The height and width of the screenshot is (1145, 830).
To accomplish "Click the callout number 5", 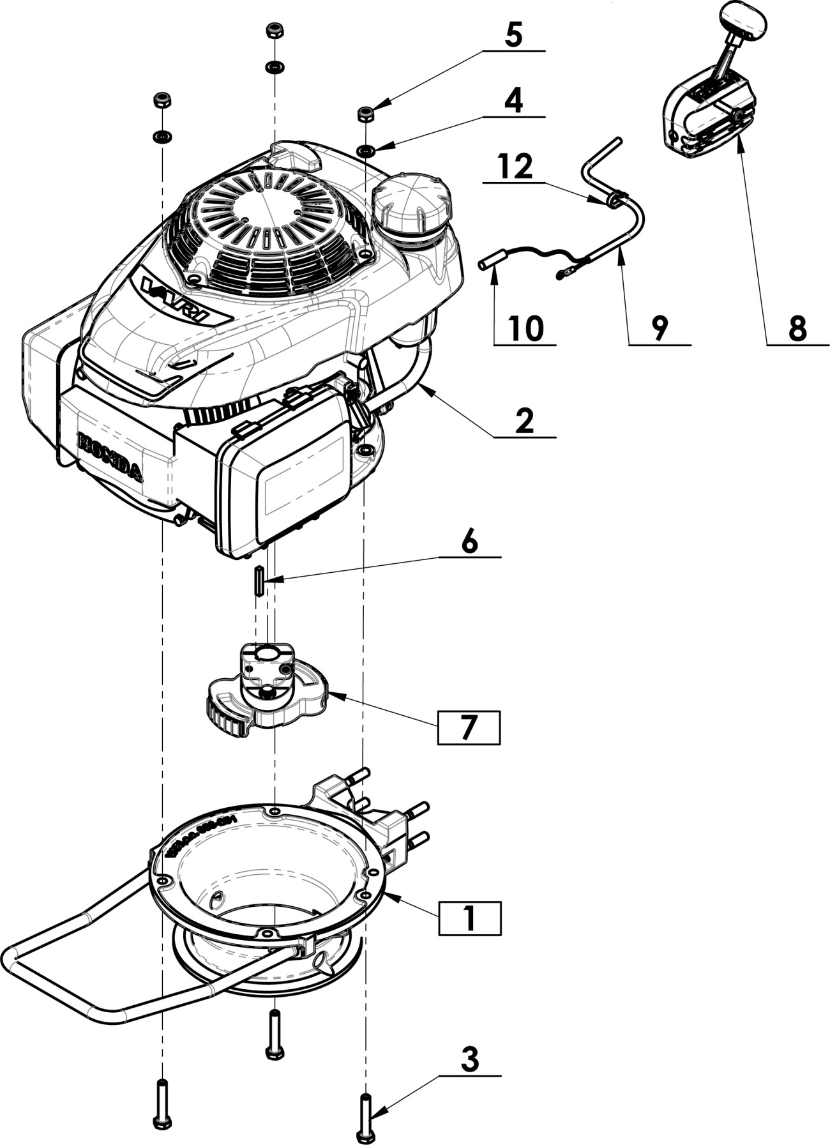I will pos(513,35).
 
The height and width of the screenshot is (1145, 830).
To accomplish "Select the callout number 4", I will pos(513,101).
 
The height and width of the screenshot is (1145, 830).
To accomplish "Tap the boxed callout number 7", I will pos(469,727).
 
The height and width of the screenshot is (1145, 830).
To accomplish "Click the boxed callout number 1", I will pos(469,918).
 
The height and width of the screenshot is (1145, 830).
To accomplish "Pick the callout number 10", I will pos(526,329).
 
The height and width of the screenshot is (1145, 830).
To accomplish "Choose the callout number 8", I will pos(797,329).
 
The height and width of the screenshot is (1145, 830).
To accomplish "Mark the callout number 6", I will pos(469,542).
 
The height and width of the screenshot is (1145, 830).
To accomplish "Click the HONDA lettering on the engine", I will pos(110,455).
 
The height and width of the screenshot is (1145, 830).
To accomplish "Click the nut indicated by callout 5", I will pos(365,114).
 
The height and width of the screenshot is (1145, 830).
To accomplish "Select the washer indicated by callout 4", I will pos(366,151).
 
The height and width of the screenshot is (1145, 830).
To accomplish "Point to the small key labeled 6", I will pos(259,580).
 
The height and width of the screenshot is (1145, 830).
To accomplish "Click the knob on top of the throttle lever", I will pos(743,20).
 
